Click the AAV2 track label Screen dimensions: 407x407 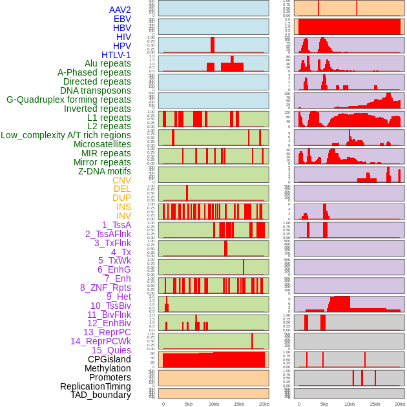120,10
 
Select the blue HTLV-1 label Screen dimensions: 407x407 116,55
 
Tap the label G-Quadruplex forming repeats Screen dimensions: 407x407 68,99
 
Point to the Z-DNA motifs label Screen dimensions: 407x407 104,171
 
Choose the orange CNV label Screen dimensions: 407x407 121,180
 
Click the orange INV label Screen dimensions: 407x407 123,216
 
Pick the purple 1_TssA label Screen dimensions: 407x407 116,225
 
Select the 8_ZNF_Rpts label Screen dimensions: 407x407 105,287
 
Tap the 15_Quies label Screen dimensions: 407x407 110,350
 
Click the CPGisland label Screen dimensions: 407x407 109,359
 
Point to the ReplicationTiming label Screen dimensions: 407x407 95,386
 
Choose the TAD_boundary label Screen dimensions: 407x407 101,395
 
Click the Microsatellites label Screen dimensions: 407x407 102,144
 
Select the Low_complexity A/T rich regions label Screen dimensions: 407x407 66,135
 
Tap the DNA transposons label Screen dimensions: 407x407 96,90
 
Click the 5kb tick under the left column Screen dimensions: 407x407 189,404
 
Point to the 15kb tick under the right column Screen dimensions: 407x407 375,404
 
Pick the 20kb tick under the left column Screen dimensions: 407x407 264,404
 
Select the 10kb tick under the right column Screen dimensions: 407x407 350,404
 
